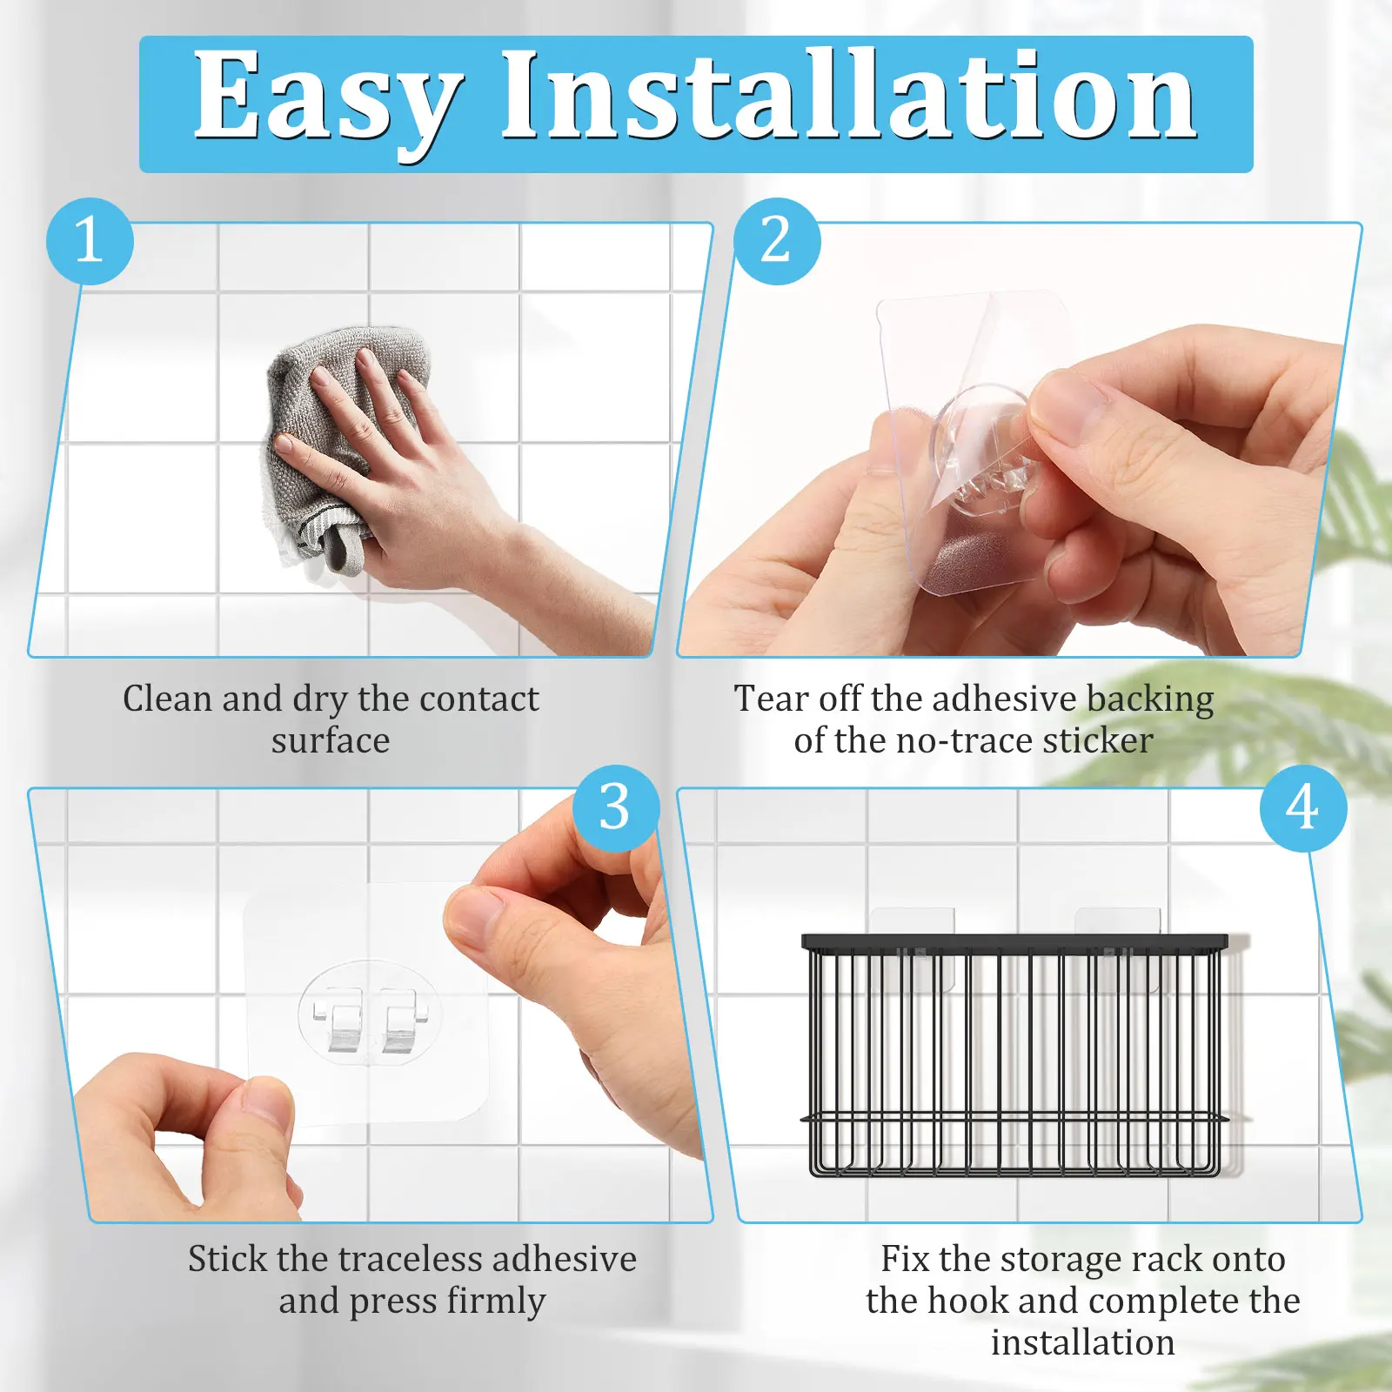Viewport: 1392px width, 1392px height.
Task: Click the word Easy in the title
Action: [326, 97]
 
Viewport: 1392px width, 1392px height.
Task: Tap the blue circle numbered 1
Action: [90, 241]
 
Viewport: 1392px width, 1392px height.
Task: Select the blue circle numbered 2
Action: [776, 241]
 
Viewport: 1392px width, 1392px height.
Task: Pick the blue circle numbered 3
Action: [615, 807]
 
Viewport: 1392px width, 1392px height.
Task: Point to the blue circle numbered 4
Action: [1302, 807]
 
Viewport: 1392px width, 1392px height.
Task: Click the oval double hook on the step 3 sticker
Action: [370, 1014]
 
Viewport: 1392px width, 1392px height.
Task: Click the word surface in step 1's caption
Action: [330, 741]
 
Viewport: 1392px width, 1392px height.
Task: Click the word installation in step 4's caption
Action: [1082, 1342]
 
